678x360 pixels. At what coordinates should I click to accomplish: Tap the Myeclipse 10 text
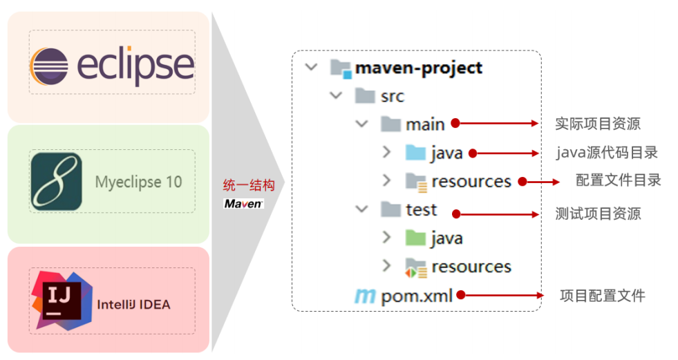(138, 182)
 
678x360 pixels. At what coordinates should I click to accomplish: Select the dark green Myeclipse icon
(56, 182)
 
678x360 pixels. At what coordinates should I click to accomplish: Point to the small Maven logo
(243, 204)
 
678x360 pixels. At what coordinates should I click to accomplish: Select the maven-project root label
(418, 68)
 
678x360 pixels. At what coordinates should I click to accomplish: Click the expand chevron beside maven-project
(312, 68)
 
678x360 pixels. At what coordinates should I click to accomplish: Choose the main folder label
(425, 124)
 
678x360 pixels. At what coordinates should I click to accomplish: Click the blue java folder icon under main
(415, 153)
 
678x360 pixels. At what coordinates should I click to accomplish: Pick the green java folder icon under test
(415, 238)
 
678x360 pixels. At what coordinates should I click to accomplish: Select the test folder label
(422, 209)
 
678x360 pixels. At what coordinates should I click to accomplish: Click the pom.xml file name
(417, 296)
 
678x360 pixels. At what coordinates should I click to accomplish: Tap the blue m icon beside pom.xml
(364, 296)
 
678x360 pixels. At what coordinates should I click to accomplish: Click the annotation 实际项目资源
(598, 124)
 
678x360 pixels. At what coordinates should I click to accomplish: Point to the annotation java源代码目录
(607, 152)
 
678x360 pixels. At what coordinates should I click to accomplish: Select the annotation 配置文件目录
(619, 180)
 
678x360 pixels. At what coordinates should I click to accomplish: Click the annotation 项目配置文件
(602, 296)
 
